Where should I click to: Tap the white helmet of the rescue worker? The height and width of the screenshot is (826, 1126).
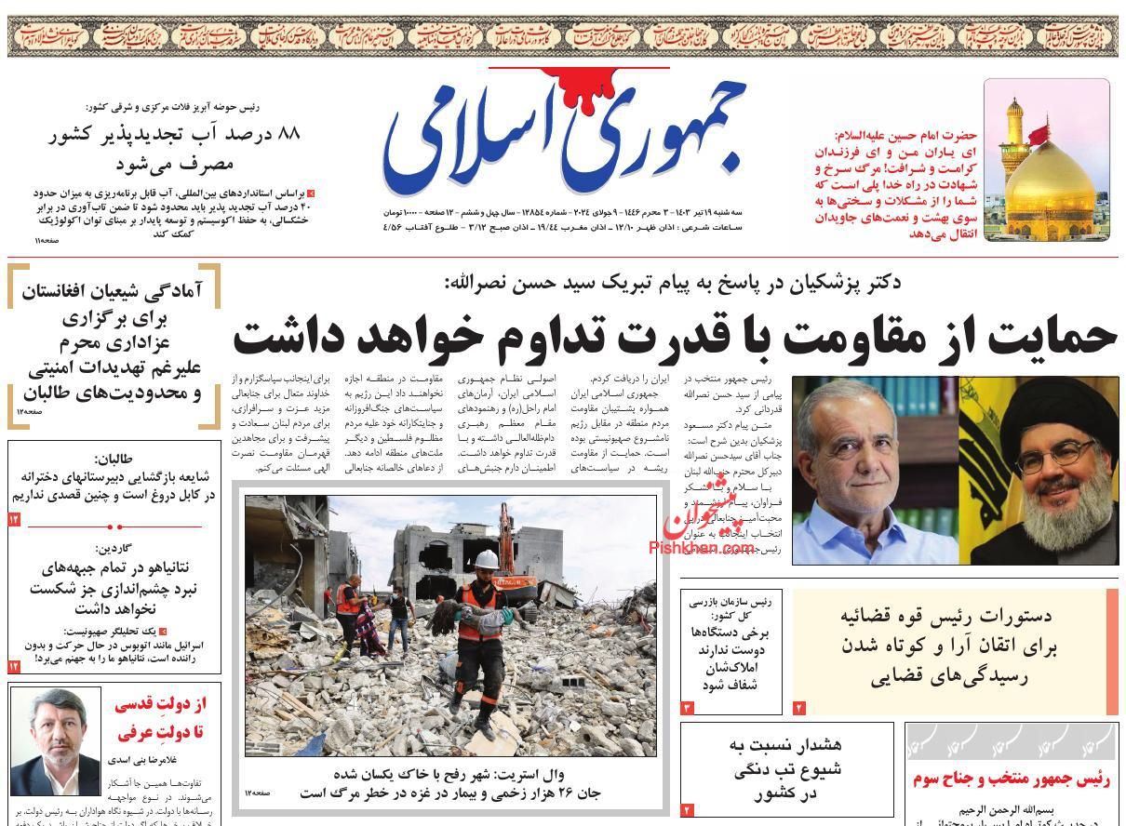click(485, 560)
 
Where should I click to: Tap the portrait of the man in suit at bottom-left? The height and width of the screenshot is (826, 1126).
click(54, 740)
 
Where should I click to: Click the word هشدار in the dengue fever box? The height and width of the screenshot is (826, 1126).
click(814, 745)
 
